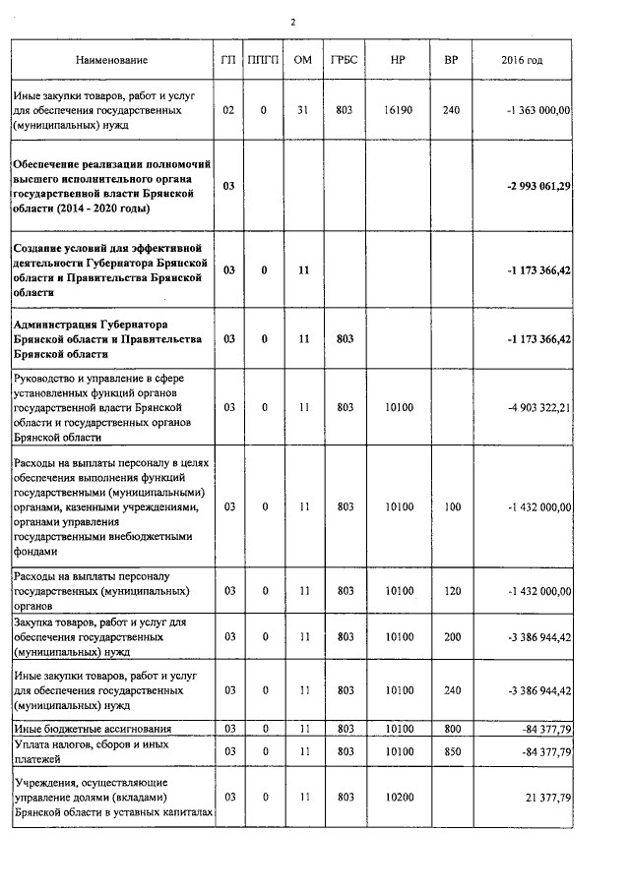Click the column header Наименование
tap(111, 61)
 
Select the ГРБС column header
tap(346, 61)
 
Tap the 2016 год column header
tap(522, 61)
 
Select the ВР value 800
tap(452, 729)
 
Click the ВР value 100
tap(452, 507)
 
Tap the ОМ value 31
tap(303, 110)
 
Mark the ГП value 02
tap(228, 110)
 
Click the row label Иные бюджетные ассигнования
tap(93, 729)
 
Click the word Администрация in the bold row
tap(55, 324)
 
